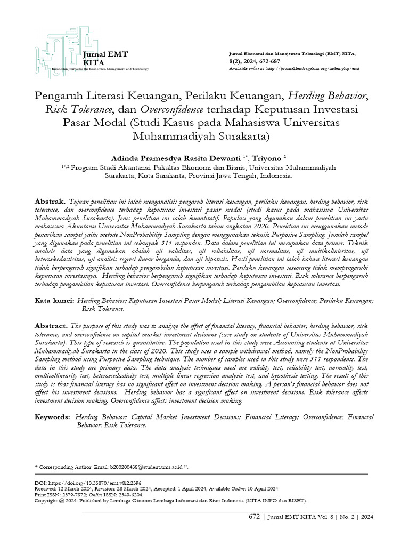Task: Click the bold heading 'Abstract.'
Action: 51,325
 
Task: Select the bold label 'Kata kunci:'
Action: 54,301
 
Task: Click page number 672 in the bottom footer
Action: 255,517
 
